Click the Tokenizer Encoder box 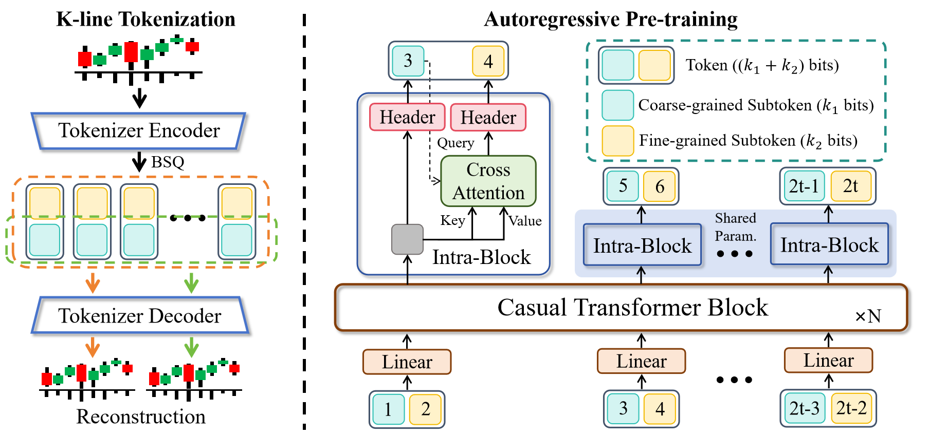point(139,131)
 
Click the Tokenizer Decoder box point(140,315)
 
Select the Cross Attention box point(488,181)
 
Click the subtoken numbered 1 point(388,409)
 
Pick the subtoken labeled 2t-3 point(805,409)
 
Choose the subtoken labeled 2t point(851,186)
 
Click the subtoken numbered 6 point(660,186)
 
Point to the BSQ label point(168,162)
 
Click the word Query point(456,143)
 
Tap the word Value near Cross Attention point(525,221)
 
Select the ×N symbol point(868,316)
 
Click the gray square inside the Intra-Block point(407,239)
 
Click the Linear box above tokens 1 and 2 point(407,362)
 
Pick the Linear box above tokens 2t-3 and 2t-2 point(828,361)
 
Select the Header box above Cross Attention point(488,118)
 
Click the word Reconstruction point(141,417)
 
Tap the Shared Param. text point(736,227)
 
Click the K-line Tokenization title point(145,20)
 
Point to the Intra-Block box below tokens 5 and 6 point(642,245)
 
